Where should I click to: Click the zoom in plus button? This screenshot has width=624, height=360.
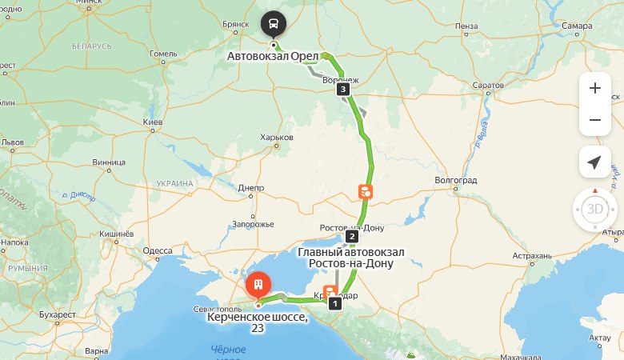(x=594, y=89)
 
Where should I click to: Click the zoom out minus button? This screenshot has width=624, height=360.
(x=594, y=120)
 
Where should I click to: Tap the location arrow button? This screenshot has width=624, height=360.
(x=594, y=162)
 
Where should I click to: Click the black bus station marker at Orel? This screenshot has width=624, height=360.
(x=274, y=23)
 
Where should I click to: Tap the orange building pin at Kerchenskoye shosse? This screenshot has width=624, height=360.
(x=258, y=285)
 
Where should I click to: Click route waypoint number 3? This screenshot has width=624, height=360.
(x=343, y=90)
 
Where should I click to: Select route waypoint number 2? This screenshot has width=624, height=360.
(x=350, y=237)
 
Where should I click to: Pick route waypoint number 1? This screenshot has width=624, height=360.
(x=335, y=303)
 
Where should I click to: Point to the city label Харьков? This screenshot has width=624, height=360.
(x=277, y=138)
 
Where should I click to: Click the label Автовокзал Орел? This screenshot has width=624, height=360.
(x=272, y=57)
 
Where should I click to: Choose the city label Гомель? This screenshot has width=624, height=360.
(x=163, y=54)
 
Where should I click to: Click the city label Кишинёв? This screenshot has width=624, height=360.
(x=115, y=234)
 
